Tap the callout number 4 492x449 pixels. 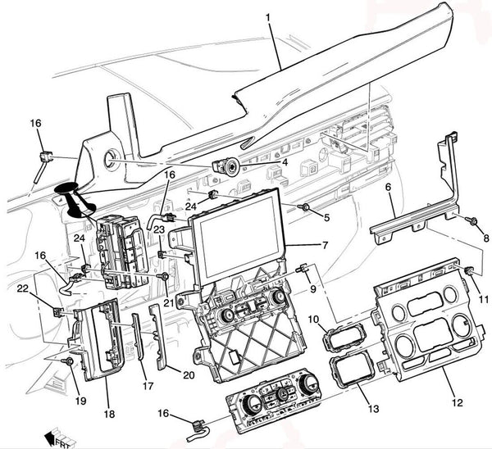(x=284, y=162)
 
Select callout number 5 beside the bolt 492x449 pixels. (x=326, y=217)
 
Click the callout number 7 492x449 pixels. (x=326, y=245)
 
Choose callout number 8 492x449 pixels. (x=485, y=238)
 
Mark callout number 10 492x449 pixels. (x=313, y=318)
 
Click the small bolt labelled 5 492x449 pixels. (x=305, y=209)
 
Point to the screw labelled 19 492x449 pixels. (x=70, y=361)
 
